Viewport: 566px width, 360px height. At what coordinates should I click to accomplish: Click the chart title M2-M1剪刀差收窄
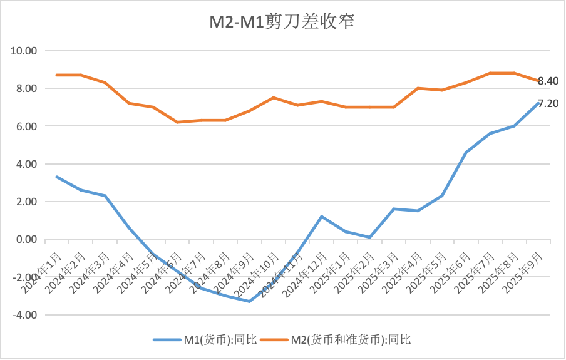tap(282, 22)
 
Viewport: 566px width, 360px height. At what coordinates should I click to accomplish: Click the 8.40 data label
tap(548, 81)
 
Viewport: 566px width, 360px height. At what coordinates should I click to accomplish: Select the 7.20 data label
tap(548, 103)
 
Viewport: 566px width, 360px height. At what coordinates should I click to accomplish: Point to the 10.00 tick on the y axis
tap(25, 51)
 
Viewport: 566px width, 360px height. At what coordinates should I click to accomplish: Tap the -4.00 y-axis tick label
tap(24, 315)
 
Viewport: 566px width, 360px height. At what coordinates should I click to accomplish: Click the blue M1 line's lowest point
tap(249, 301)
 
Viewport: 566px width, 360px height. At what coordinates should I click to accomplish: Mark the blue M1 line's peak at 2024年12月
tap(321, 217)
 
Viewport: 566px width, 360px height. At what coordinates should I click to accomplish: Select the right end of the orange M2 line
tap(537, 81)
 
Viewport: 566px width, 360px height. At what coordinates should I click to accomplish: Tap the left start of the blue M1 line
tap(57, 177)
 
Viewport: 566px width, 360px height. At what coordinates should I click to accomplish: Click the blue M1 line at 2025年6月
tap(466, 152)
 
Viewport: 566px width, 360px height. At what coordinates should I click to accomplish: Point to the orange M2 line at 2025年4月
tap(418, 88)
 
